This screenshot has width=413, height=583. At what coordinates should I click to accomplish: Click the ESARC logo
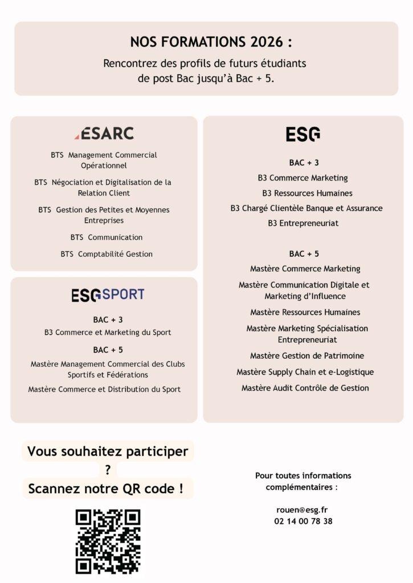coord(104,133)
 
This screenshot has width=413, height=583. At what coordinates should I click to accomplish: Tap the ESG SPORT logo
coord(108,294)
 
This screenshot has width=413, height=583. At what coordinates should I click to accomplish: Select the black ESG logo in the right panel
coord(302,134)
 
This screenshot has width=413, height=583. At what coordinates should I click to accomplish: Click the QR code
coord(108,541)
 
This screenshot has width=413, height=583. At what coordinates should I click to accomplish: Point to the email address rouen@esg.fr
coord(303,510)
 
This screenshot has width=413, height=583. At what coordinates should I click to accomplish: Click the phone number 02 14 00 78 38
coord(303,521)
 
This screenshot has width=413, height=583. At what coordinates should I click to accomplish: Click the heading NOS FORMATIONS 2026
coord(206,42)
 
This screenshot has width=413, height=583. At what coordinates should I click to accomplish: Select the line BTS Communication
coord(107,237)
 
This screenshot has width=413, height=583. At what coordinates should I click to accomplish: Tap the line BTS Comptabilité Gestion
coord(107,254)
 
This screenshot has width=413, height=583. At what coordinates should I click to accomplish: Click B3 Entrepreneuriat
coord(303,223)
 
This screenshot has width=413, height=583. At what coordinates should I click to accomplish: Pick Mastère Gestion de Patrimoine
coord(307,356)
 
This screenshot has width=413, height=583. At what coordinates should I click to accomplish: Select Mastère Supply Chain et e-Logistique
coord(305,372)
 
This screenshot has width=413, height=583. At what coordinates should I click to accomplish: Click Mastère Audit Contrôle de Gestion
coord(305,388)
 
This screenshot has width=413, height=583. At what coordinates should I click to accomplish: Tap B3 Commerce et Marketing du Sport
coord(108,332)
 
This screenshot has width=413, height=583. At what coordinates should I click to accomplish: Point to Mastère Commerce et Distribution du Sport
coord(104,389)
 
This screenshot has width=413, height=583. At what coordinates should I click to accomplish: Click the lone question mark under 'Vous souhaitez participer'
coord(108,470)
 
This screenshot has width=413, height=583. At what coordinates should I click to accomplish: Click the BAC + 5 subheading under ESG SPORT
coord(108,350)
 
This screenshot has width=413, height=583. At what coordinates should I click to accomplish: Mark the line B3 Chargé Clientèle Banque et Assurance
coord(306,208)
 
